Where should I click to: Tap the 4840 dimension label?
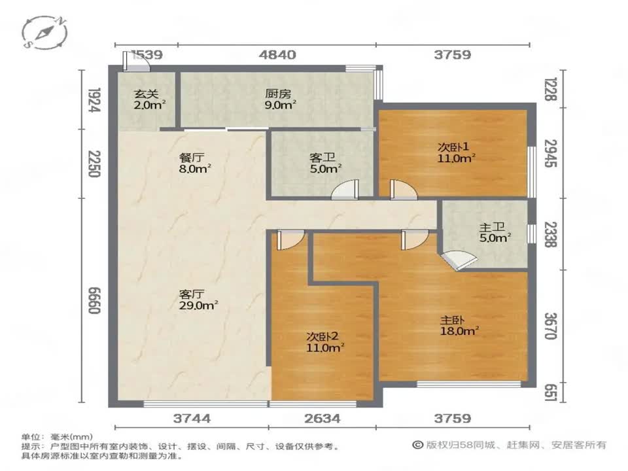tap(277, 54)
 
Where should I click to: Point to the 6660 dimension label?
tap(94, 300)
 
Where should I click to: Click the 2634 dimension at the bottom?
tap(323, 419)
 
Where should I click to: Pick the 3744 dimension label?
tap(192, 419)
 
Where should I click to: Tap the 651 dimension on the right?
tap(551, 392)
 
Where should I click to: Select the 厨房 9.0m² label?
tap(280, 99)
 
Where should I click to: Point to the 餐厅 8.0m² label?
tap(195, 163)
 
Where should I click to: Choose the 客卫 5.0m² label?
tap(325, 163)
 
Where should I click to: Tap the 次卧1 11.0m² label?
tap(456, 152)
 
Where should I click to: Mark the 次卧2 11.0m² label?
tap(325, 341)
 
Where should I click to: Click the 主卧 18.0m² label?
tap(459, 325)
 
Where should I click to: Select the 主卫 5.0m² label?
tap(495, 232)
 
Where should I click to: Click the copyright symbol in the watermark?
tap(418, 445)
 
